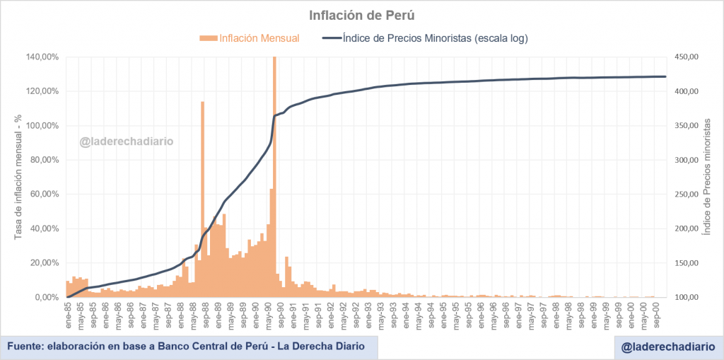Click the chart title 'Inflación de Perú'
point(361,15)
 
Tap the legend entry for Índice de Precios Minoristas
point(425,38)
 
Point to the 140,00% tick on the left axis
point(42,57)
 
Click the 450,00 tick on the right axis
point(684,57)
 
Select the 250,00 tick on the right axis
point(684,194)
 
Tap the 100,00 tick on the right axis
point(684,297)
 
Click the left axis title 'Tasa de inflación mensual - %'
point(19,176)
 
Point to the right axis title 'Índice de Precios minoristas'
point(706,177)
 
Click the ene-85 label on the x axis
point(68,312)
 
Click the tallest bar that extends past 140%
point(274,177)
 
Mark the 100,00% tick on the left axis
point(42,126)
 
